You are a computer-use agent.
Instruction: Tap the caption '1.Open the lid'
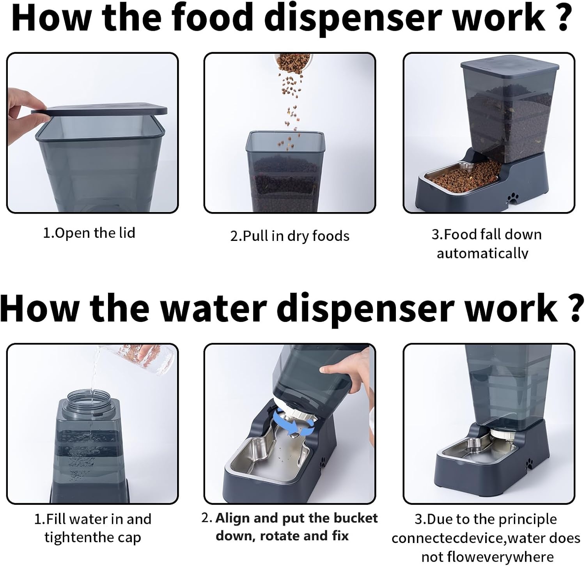pos(89,233)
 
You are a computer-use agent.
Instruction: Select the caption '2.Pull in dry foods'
pos(289,236)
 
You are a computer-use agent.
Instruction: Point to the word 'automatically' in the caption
pos(482,253)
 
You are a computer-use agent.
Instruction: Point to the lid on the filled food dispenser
pos(510,65)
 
